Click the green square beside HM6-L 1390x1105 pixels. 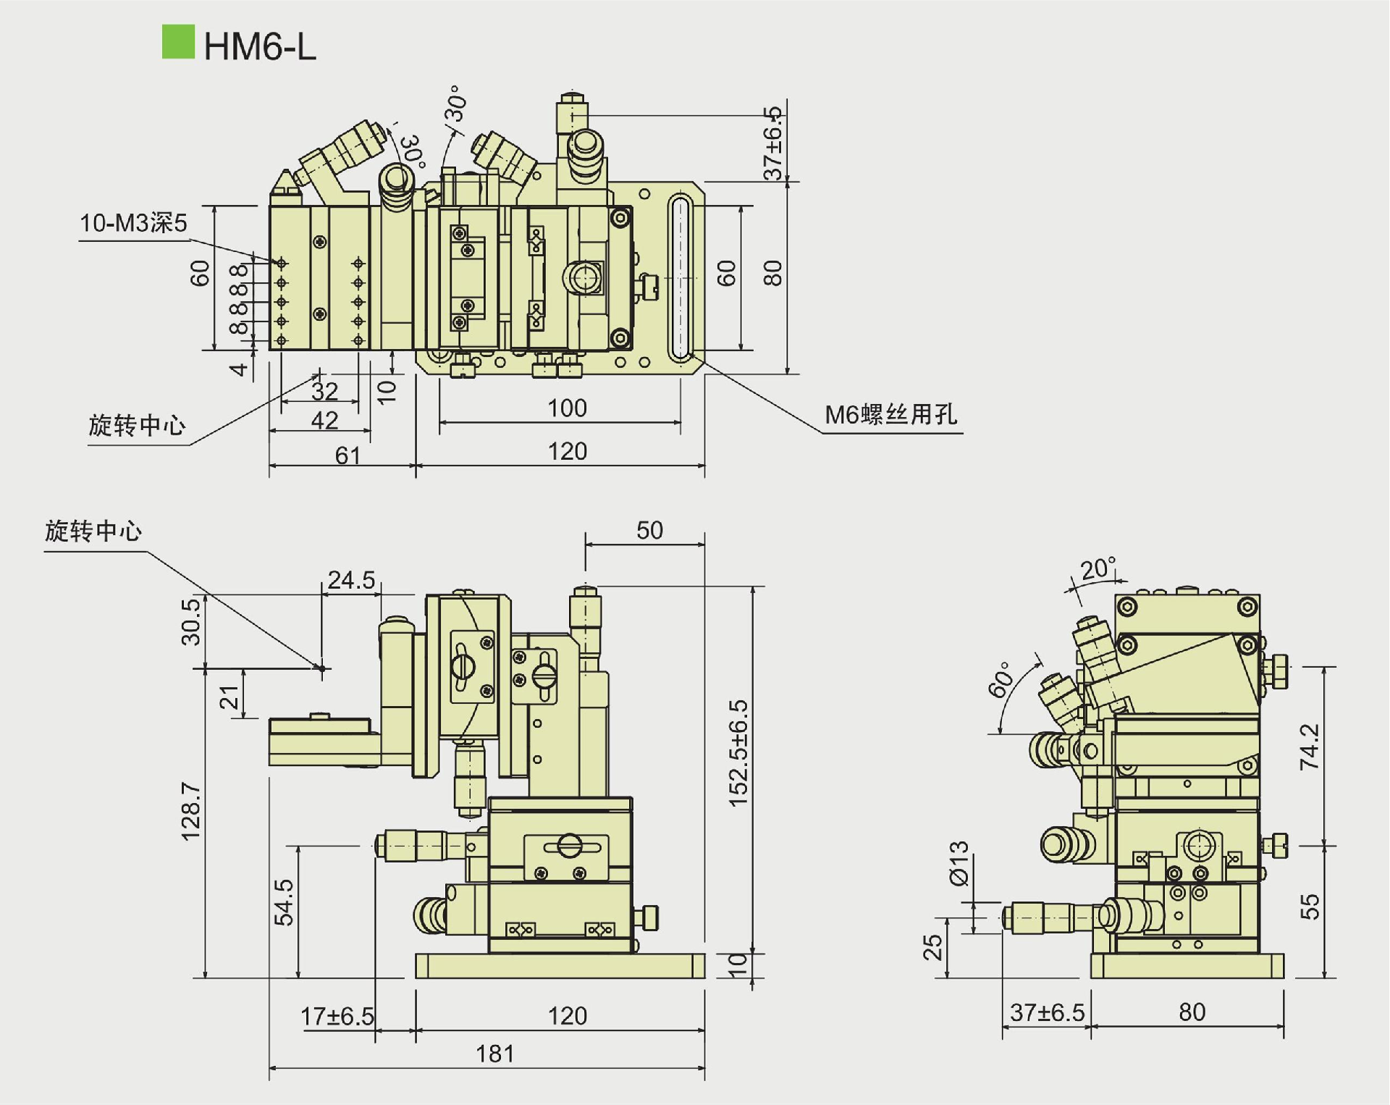click(x=178, y=42)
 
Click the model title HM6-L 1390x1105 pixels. click(x=260, y=47)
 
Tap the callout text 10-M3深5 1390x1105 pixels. click(x=133, y=223)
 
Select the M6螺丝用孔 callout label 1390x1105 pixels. click(x=891, y=415)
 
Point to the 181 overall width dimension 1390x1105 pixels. click(x=495, y=1053)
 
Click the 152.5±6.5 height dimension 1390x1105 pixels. click(x=738, y=753)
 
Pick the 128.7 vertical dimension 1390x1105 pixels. click(x=190, y=810)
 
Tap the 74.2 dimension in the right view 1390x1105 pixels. click(x=1310, y=747)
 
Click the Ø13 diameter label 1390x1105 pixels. click(x=959, y=863)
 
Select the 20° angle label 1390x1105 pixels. click(x=1098, y=569)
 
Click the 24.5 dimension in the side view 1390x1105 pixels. click(x=351, y=580)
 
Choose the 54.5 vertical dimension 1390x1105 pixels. click(x=284, y=902)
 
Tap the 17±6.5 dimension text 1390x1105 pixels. click(x=337, y=1016)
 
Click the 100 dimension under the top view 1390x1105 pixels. click(x=567, y=408)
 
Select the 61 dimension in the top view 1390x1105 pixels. click(x=347, y=455)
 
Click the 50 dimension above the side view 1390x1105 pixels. click(x=649, y=530)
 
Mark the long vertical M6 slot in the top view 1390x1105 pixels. click(x=681, y=277)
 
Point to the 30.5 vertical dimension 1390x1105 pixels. click(x=190, y=621)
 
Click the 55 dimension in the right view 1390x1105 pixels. click(x=1310, y=907)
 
